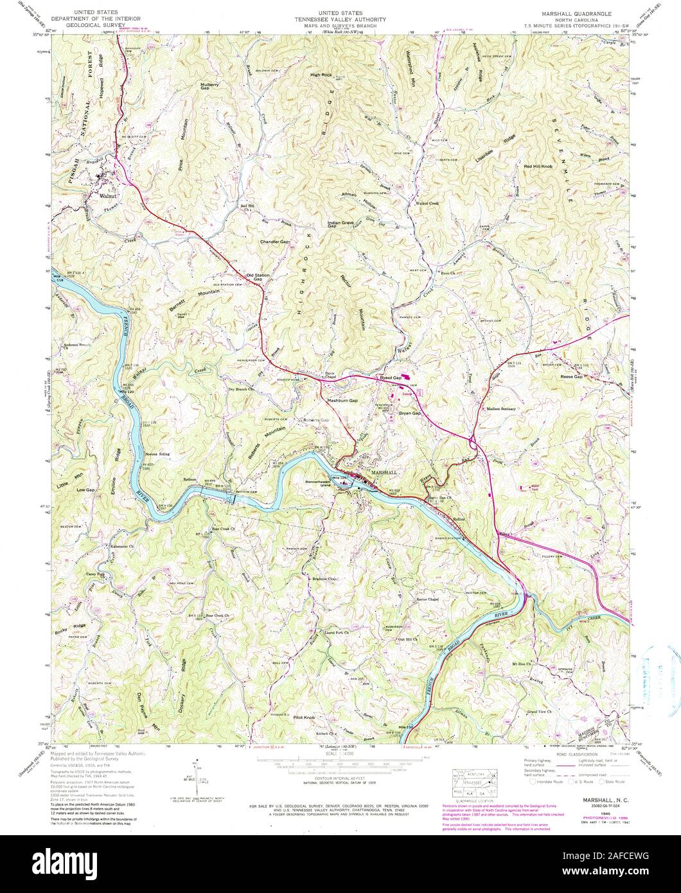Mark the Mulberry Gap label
point(213,85)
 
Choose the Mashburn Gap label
point(342,400)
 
